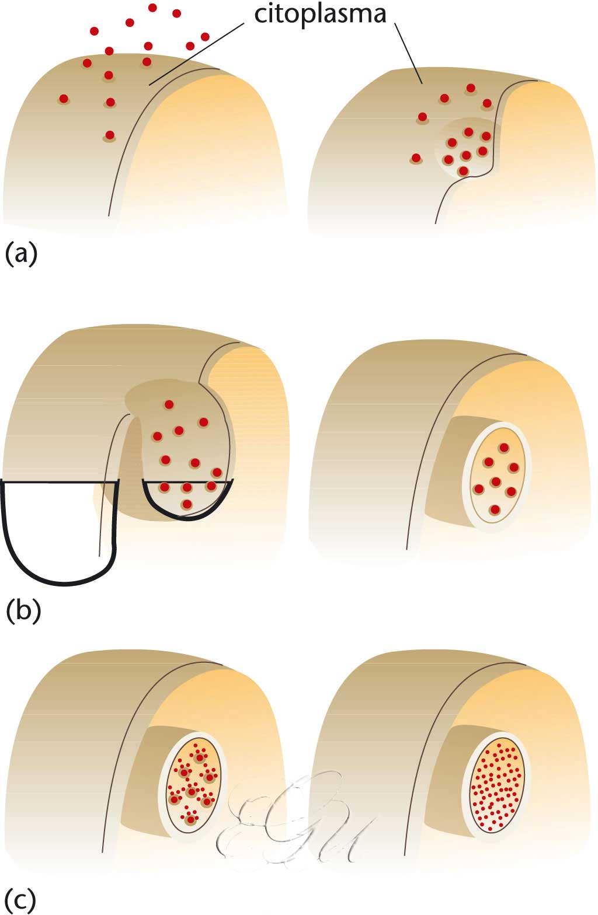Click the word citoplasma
[x=320, y=14]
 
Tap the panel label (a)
[x=21, y=255]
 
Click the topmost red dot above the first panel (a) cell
[x=153, y=8]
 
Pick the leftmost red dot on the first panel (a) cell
[x=64, y=99]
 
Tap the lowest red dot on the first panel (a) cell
[x=109, y=135]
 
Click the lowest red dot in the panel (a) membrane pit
[x=463, y=170]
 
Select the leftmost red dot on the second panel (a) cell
[x=416, y=158]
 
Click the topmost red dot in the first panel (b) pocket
[x=169, y=404]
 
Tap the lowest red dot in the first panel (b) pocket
[x=187, y=504]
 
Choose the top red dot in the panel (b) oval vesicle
[x=503, y=447]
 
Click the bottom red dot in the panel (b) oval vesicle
[x=495, y=509]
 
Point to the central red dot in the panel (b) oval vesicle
[x=496, y=481]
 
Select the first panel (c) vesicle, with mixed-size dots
[x=192, y=782]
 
